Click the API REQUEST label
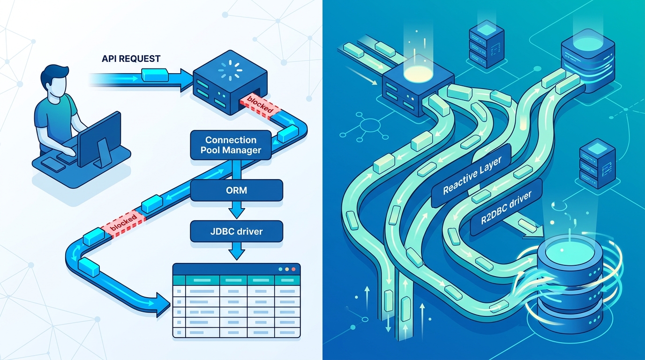[131, 59]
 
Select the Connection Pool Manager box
[231, 145]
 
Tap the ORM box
[236, 190]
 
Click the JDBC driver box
[236, 231]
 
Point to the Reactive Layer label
[472, 175]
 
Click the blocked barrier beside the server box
[260, 106]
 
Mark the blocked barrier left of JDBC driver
[123, 224]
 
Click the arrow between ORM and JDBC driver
[236, 210]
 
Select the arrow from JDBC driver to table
[236, 251]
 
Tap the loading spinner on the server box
[230, 70]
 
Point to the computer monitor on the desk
[99, 139]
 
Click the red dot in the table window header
[293, 269]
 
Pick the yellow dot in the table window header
[286, 269]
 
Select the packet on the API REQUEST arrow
[155, 75]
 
